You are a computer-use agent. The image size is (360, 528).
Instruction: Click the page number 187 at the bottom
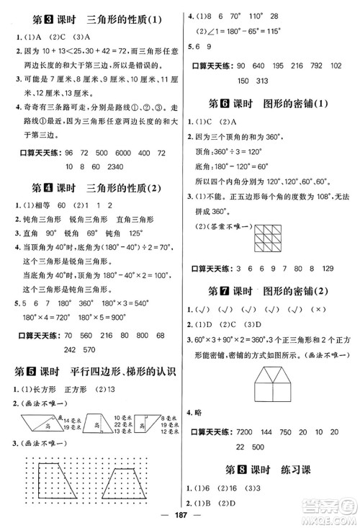(x=180, y=514)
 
